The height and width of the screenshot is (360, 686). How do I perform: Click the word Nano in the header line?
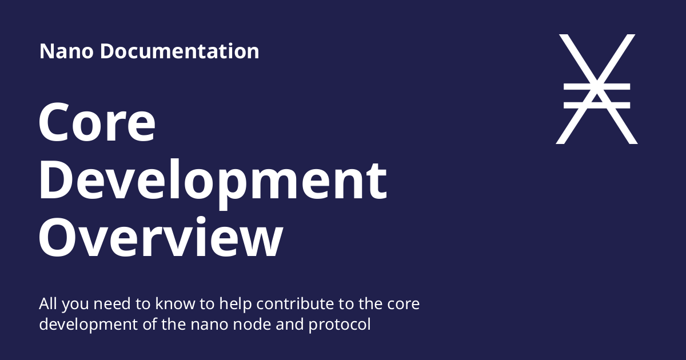coord(66,51)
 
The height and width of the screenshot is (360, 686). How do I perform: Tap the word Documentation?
coord(180,51)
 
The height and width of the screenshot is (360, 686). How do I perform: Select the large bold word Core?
coord(97,122)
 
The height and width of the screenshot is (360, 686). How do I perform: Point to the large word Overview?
coord(161,237)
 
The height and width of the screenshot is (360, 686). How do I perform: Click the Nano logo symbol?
coord(597,89)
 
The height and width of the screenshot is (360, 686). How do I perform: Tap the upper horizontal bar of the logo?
coord(597,87)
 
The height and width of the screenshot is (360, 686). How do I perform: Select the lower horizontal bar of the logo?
coord(597,105)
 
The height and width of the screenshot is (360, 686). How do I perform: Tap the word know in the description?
coord(175,303)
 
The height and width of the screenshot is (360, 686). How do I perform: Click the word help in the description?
coord(236,305)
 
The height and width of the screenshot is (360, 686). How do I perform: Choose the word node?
coord(252,324)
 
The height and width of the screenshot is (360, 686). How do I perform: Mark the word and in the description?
coord(290,324)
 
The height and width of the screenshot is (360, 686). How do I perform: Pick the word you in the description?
coord(75,306)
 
